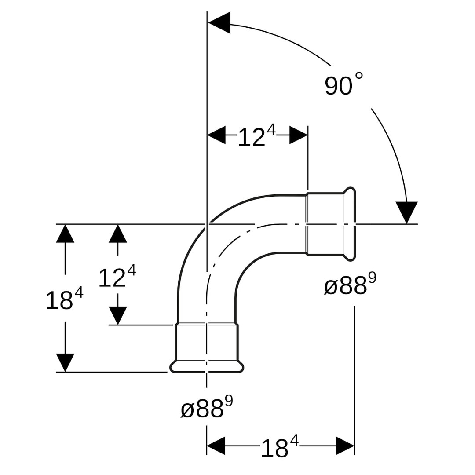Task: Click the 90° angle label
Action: tap(344, 84)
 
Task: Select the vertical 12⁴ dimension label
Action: tap(117, 276)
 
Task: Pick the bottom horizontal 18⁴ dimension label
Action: tap(280, 446)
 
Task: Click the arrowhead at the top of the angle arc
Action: tap(219, 22)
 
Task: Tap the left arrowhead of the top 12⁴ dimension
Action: tap(216, 135)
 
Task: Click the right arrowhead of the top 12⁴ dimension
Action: tap(299, 135)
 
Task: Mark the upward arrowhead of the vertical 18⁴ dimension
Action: tap(65, 234)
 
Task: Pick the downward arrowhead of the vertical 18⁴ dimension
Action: tap(65, 362)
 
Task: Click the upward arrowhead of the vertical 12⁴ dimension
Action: tap(118, 234)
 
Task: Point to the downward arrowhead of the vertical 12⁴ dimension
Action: tap(118, 316)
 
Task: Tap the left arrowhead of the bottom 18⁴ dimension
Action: tap(216, 446)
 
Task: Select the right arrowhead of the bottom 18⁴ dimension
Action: tap(345, 446)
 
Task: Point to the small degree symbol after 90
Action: tap(359, 76)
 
